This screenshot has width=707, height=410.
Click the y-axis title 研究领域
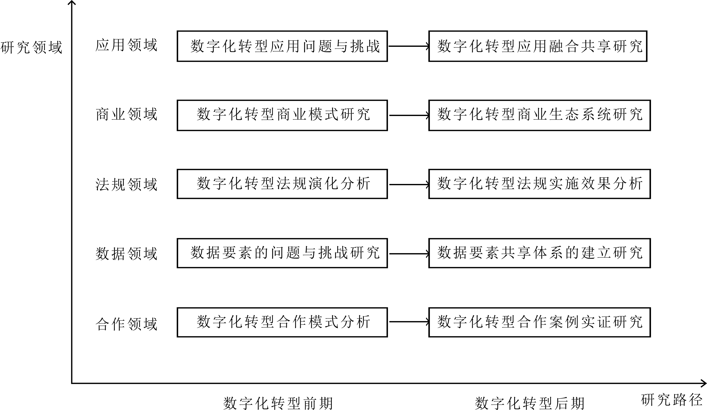pyautogui.click(x=31, y=47)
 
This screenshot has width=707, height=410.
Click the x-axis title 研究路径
pyautogui.click(x=671, y=400)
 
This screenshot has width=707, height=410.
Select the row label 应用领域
pyautogui.click(x=126, y=45)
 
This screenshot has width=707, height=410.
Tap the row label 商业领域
pyautogui.click(x=126, y=115)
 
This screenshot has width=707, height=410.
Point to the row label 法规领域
pyautogui.click(x=126, y=184)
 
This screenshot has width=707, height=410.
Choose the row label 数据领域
pyautogui.click(x=126, y=254)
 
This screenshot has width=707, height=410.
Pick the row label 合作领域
pyautogui.click(x=126, y=324)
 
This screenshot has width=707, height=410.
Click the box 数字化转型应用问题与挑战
pyautogui.click(x=282, y=46)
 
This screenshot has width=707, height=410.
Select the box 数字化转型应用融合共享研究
pyautogui.click(x=538, y=46)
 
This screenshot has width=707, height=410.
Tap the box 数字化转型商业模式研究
pyautogui.click(x=282, y=115)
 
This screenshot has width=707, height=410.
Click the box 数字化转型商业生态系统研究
pyautogui.click(x=539, y=115)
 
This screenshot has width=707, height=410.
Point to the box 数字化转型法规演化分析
pyautogui.click(x=282, y=184)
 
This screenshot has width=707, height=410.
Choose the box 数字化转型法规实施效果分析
pyautogui.click(x=539, y=184)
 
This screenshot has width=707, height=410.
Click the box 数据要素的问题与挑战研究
pyautogui.click(x=282, y=253)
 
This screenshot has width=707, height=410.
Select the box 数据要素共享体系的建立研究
pyautogui.click(x=539, y=253)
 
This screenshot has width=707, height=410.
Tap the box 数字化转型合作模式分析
pyautogui.click(x=282, y=322)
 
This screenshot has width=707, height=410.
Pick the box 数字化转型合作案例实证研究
pyautogui.click(x=539, y=322)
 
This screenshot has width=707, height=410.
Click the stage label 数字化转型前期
pyautogui.click(x=278, y=403)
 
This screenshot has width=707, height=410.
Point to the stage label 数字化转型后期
pyautogui.click(x=529, y=403)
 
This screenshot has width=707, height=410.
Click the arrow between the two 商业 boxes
pyautogui.click(x=408, y=115)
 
